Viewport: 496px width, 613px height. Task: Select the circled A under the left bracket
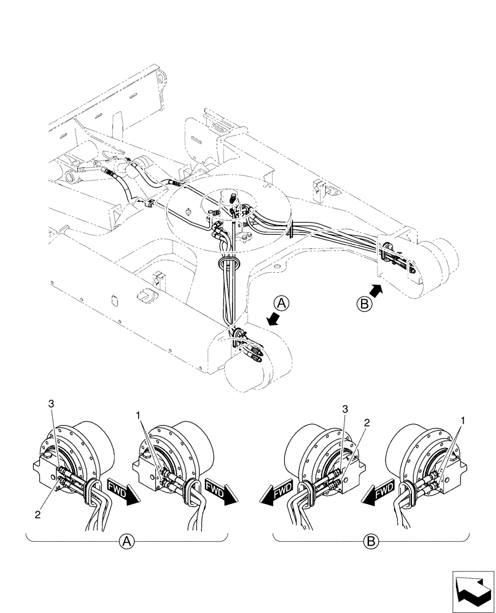pyautogui.click(x=126, y=541)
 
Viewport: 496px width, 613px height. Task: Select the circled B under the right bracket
pyautogui.click(x=371, y=541)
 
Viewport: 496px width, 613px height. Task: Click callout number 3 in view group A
pyautogui.click(x=52, y=403)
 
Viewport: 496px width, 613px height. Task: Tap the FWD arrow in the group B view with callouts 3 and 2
pyautogui.click(x=276, y=492)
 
